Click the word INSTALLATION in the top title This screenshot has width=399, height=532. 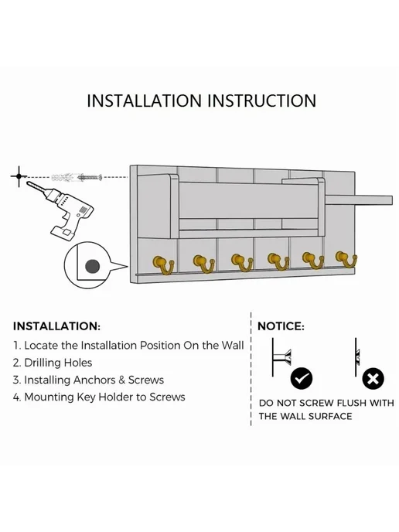click(144, 101)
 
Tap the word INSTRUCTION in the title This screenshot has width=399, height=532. click(261, 101)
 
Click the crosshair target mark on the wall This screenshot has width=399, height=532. click(19, 176)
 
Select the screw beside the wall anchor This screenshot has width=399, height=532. click(90, 177)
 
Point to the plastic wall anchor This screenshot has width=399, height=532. click(63, 177)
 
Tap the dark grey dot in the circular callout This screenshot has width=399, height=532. click(92, 266)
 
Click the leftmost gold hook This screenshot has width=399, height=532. click(163, 264)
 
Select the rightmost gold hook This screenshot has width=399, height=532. click(346, 261)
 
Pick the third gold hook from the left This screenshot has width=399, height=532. click(242, 263)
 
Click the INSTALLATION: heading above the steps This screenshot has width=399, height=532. click(56, 326)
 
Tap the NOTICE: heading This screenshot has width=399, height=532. click(281, 326)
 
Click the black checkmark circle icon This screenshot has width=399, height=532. click(302, 378)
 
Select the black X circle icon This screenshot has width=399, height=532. click(373, 378)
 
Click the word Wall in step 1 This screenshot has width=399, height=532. click(233, 346)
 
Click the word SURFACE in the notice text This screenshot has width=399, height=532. click(330, 416)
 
